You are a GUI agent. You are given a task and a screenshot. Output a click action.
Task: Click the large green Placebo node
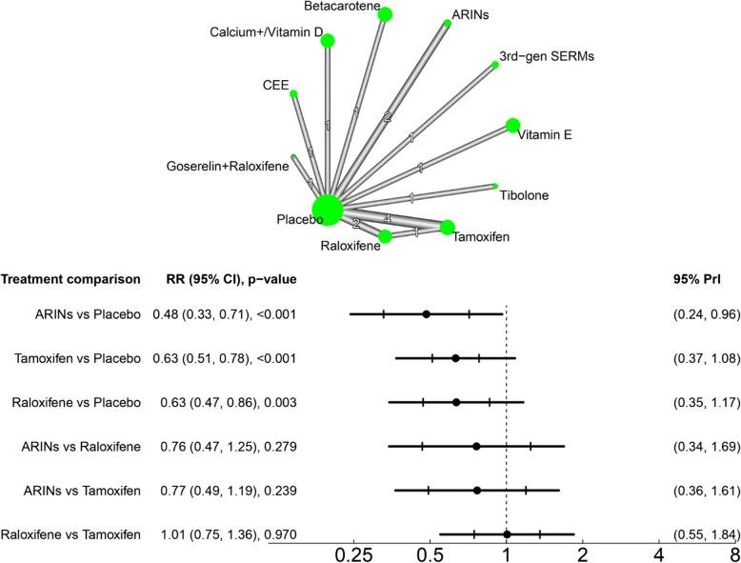click(327, 210)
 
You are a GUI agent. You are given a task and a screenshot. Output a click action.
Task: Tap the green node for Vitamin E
click(512, 125)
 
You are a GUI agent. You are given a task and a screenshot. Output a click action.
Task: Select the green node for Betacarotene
click(385, 14)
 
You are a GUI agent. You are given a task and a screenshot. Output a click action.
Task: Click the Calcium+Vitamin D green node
click(328, 40)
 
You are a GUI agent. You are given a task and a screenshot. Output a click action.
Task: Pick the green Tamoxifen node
click(448, 227)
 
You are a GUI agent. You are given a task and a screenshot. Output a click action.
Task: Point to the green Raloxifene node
click(385, 235)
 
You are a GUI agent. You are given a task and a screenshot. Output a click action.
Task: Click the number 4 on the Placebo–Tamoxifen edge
click(387, 219)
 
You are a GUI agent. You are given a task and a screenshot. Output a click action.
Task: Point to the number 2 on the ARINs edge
click(387, 117)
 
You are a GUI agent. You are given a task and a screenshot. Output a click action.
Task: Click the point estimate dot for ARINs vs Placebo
click(426, 313)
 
